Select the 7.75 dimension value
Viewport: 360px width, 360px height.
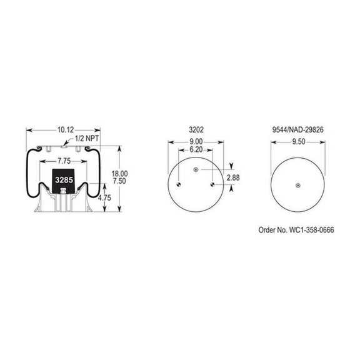tap(62, 161)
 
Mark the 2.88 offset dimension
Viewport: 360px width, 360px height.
tap(232, 178)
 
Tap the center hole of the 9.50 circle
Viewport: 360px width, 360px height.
tap(297, 184)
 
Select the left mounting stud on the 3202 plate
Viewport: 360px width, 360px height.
tap(179, 184)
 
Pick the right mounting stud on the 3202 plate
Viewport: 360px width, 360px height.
tap(213, 184)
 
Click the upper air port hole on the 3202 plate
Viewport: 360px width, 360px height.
tap(196, 170)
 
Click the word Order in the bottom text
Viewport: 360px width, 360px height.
tap(267, 231)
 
